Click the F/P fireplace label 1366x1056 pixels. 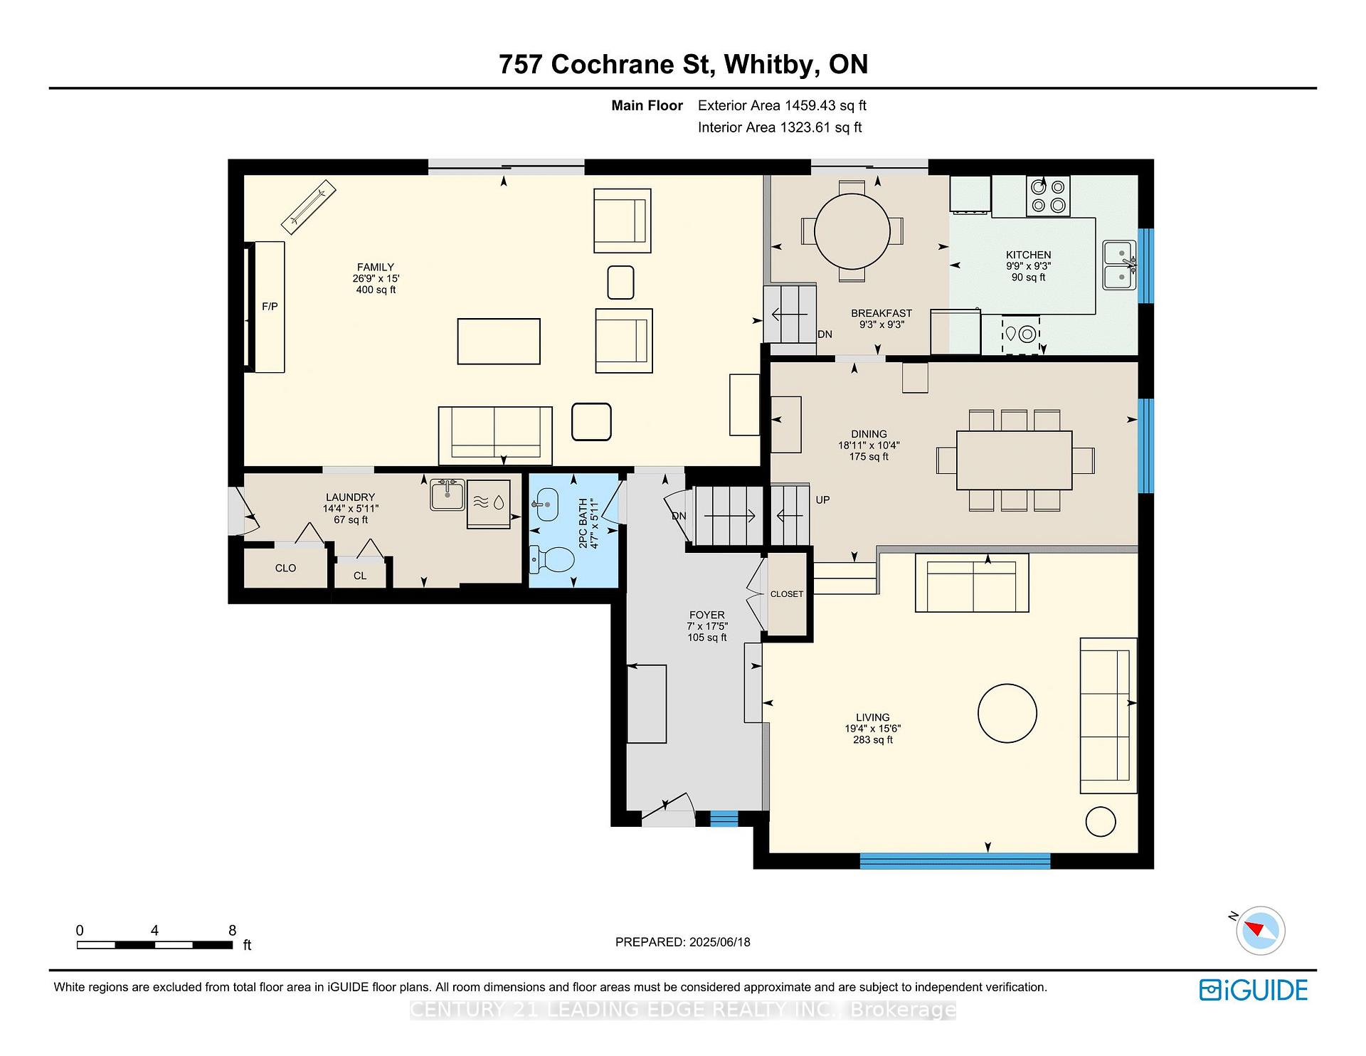point(270,307)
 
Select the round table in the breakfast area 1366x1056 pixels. point(852,231)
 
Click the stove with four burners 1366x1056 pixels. point(1048,196)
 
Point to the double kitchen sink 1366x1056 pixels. point(1120,265)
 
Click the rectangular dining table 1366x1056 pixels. point(1014,460)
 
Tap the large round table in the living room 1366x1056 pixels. point(1007,713)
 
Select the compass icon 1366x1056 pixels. point(1261,931)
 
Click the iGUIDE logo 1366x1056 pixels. point(1254,991)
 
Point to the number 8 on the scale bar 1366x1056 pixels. point(232,930)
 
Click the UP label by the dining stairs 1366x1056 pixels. point(822,500)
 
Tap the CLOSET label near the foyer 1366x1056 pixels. point(786,594)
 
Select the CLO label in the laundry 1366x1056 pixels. point(285,568)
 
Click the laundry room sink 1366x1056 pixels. point(448,494)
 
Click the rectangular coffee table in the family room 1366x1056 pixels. point(499,342)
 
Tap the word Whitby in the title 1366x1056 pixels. point(768,65)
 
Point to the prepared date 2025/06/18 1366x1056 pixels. point(719,942)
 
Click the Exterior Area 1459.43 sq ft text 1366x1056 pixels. point(782,105)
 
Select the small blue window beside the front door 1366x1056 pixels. point(724,819)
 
